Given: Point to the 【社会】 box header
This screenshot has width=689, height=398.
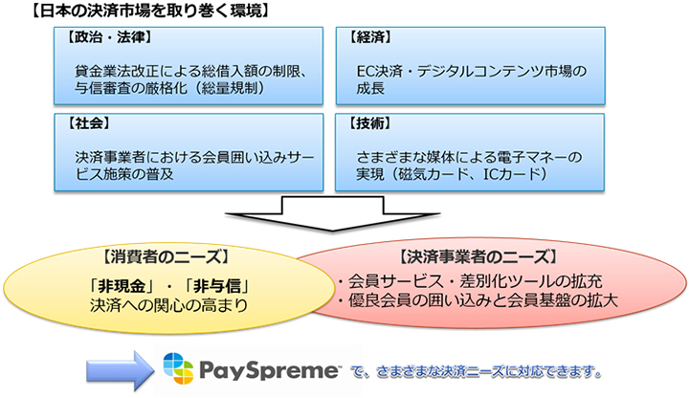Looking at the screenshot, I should coord(87,124).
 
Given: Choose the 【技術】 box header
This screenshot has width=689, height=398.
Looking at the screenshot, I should coord(374,124).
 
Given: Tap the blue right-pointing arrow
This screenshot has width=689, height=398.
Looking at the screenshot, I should coord(114,368).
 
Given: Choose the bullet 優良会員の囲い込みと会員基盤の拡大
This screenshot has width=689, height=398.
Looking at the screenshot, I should coord(477,303).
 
